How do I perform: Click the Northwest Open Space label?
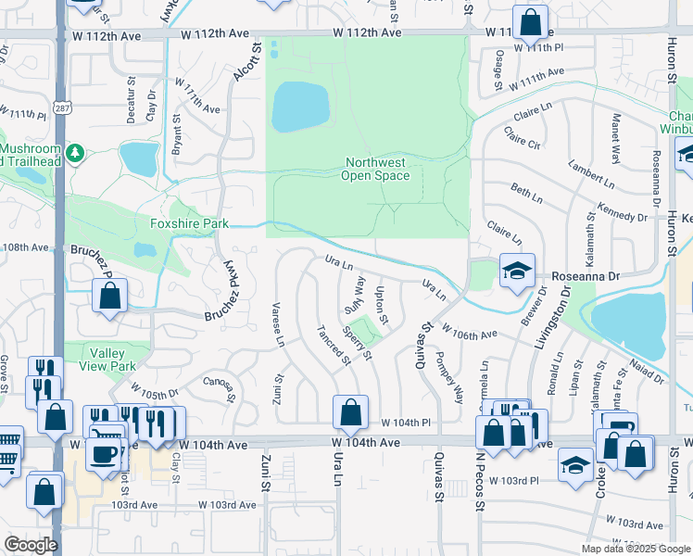click(376, 169)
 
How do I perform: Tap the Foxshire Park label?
click(189, 223)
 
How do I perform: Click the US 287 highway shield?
click(61, 81)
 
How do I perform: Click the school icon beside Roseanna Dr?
click(517, 270)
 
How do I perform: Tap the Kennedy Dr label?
click(623, 217)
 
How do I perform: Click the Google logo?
click(31, 544)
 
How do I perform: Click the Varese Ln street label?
click(277, 324)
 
